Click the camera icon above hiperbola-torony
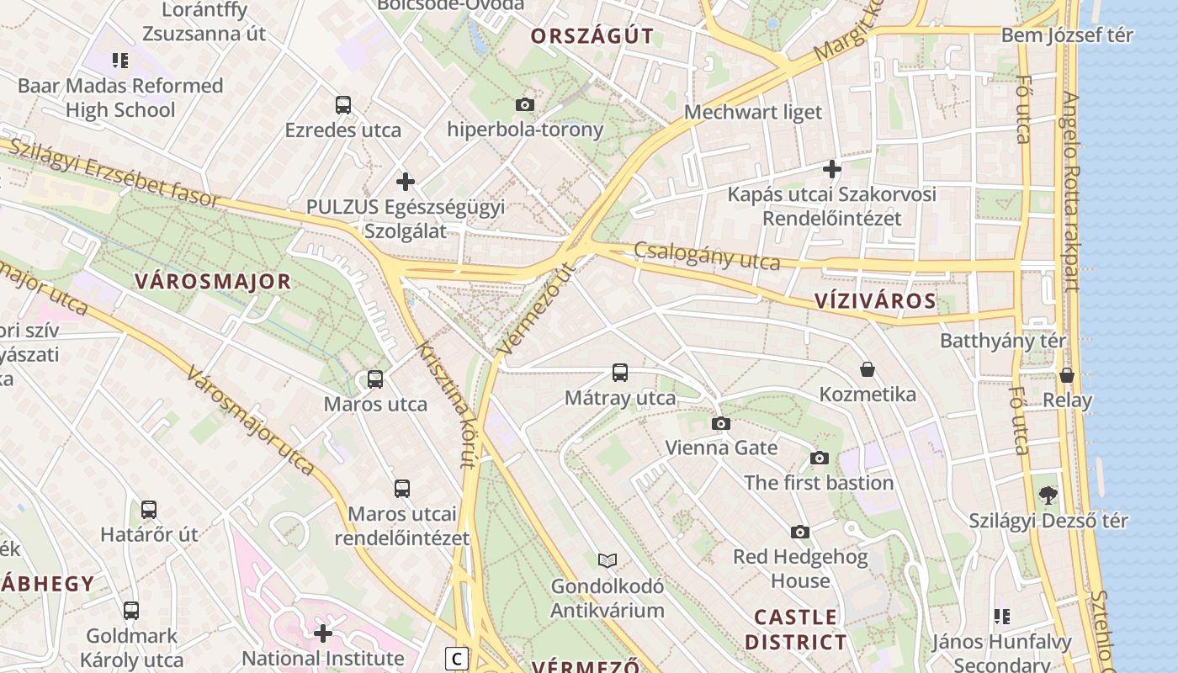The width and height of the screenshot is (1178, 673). click(x=524, y=105)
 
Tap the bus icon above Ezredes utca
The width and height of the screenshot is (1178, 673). click(x=342, y=105)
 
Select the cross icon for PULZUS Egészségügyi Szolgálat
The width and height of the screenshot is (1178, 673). click(x=406, y=181)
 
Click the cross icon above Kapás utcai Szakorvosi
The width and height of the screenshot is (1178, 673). click(x=832, y=169)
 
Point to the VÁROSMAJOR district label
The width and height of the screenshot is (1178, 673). click(x=212, y=282)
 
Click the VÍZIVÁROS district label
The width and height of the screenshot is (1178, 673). click(x=875, y=301)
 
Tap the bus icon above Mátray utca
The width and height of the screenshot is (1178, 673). click(x=620, y=372)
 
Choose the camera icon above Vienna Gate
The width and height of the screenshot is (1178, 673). click(x=721, y=423)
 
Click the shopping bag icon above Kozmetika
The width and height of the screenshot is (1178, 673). click(x=868, y=369)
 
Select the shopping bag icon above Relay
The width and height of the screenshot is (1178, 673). click(x=1067, y=375)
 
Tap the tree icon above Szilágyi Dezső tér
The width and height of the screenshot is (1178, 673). click(x=1048, y=495)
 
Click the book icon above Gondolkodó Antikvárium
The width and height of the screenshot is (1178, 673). click(x=608, y=560)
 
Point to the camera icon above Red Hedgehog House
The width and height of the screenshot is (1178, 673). click(x=800, y=532)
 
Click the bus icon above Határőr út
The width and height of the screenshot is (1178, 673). click(x=149, y=509)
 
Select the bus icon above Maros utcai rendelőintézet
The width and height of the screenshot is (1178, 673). click(x=402, y=488)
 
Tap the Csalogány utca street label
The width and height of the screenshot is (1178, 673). click(x=707, y=256)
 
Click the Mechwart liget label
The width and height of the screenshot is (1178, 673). click(x=753, y=112)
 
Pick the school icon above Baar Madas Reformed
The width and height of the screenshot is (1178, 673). click(x=120, y=60)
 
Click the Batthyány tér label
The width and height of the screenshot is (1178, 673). click(x=1003, y=341)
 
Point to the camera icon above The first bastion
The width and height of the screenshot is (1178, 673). click(x=819, y=458)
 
